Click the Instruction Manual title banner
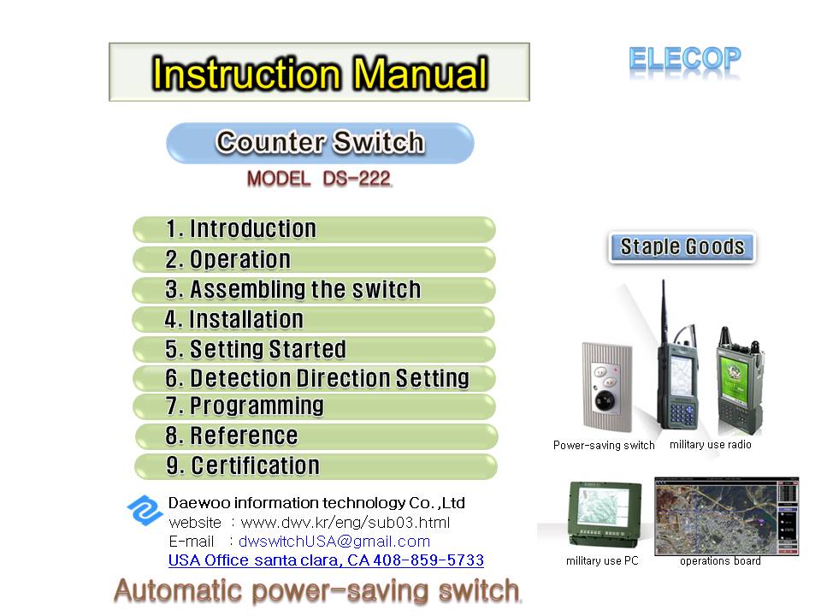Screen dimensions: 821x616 [319, 72]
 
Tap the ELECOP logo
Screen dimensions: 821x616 [685, 60]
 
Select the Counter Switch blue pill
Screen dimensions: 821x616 [320, 143]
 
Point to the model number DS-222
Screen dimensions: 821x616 [357, 179]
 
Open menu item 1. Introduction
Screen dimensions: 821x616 [314, 229]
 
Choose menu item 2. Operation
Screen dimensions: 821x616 [314, 260]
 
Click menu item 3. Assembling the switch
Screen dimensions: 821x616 [314, 290]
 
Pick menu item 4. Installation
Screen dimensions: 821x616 [314, 319]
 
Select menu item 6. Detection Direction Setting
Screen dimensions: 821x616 [314, 378]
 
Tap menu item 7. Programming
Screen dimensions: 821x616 [314, 406]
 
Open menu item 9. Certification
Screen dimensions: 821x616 [316, 466]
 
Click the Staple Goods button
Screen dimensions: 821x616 [682, 246]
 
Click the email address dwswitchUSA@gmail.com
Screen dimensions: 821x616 [334, 541]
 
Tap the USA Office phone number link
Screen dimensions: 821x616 [326, 560]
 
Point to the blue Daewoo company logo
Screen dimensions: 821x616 [145, 510]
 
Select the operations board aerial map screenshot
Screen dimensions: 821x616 [726, 516]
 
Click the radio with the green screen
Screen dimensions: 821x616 [740, 382]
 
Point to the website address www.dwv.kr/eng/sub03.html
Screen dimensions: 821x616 [345, 522]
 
